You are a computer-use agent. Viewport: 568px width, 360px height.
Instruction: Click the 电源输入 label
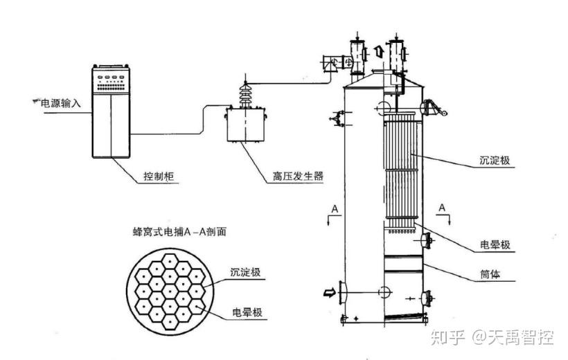tap(61, 104)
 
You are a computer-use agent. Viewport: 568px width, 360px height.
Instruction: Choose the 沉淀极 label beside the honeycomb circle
tap(247, 273)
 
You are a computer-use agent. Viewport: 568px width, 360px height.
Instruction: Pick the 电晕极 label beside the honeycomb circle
tap(247, 314)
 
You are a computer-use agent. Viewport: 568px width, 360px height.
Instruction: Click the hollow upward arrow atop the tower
tap(378, 51)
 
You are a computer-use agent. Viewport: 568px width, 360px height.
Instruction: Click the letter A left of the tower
tap(335, 208)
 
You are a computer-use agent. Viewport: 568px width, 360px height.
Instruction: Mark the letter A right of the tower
tap(441, 207)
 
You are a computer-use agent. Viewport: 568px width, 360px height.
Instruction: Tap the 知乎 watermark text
tap(446, 338)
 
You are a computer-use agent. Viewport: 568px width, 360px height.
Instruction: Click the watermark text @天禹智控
tap(513, 338)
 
